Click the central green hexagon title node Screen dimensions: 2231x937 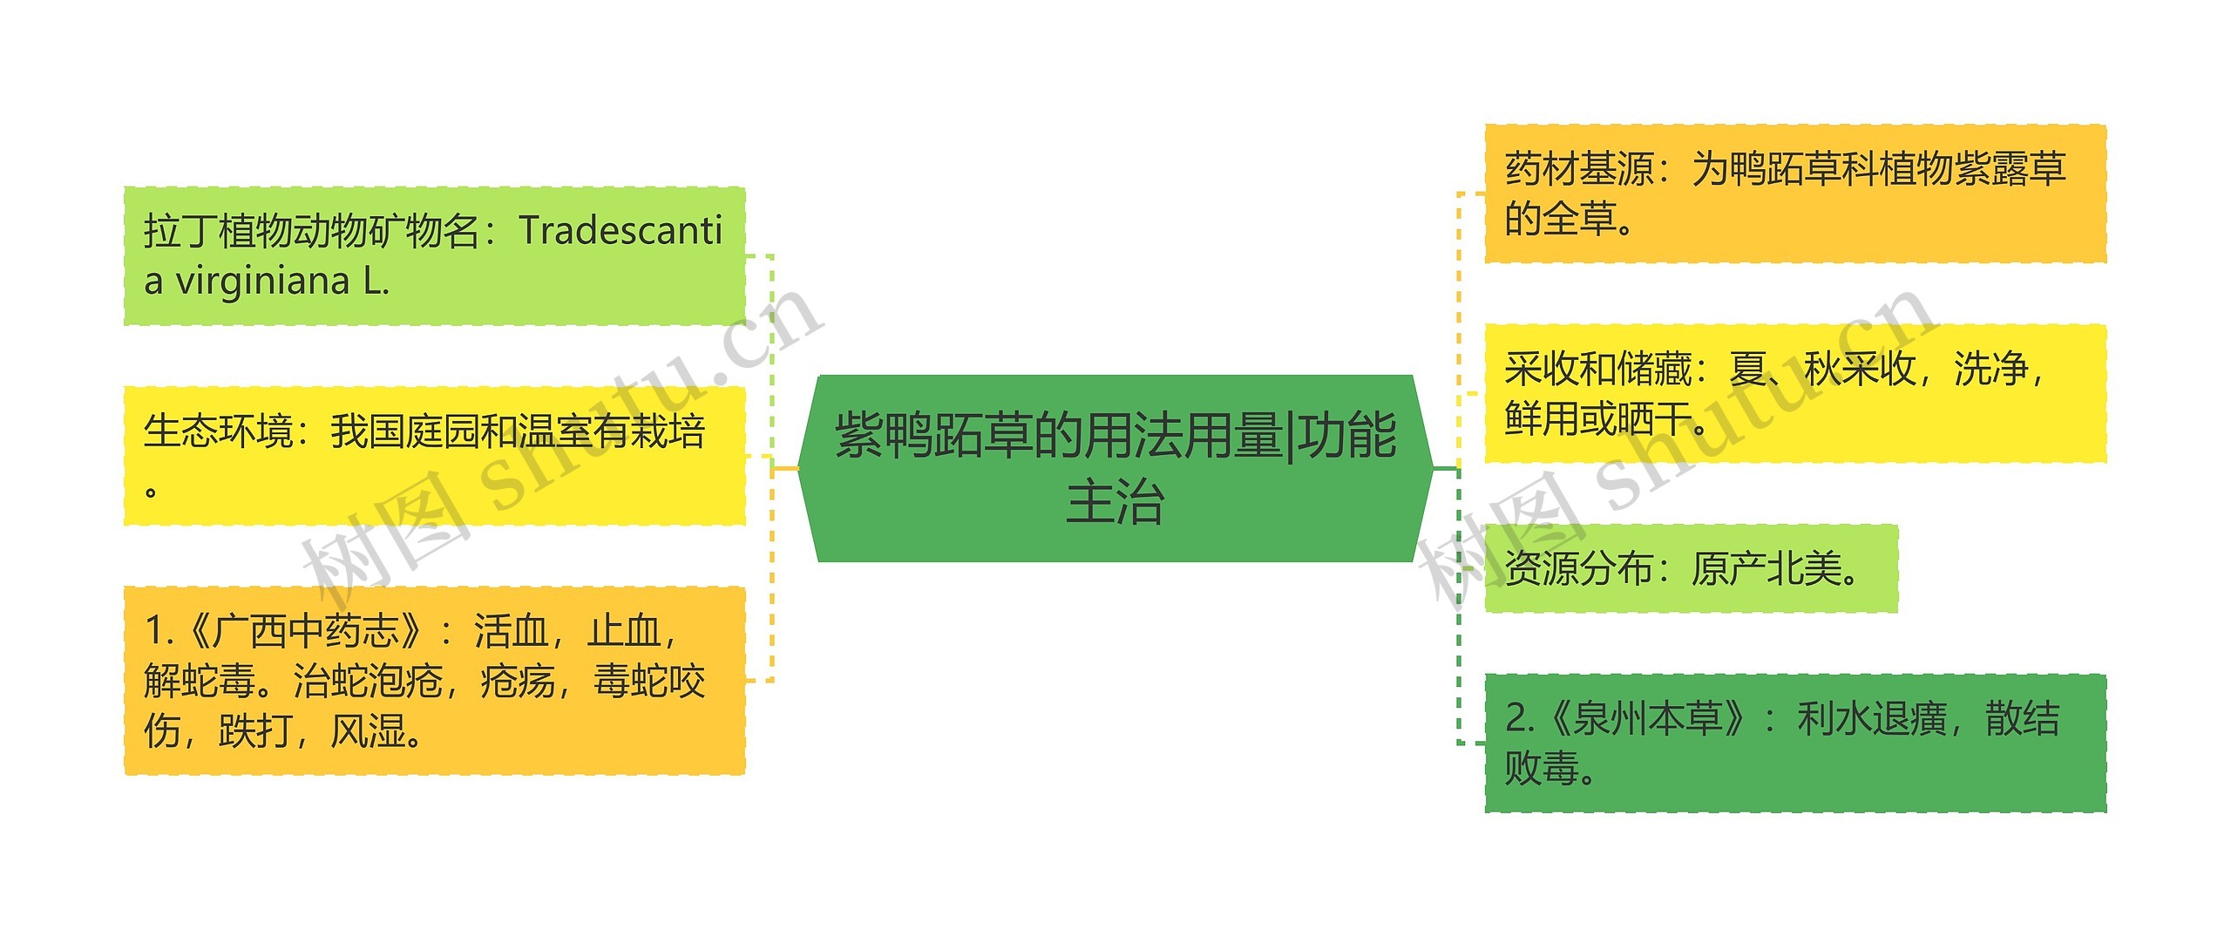1115,468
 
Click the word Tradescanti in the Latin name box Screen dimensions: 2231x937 620,231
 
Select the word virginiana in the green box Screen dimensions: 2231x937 262,281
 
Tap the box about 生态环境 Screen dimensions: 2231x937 434,455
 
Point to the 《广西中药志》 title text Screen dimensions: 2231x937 305,631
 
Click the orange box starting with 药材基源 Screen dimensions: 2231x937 1795,194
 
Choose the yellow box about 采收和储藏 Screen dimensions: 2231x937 1795,393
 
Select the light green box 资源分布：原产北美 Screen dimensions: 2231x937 1691,568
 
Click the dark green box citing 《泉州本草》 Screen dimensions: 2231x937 1795,743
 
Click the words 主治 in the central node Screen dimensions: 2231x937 1115,503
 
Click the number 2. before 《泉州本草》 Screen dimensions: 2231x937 1521,719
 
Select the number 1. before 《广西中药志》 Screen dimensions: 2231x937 160,631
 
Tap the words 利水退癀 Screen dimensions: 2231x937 1871,719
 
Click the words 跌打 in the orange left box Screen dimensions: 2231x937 255,731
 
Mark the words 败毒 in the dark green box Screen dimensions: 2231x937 1543,769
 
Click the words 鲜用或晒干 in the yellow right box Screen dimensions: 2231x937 1597,419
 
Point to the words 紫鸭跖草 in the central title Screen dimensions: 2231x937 933,435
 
